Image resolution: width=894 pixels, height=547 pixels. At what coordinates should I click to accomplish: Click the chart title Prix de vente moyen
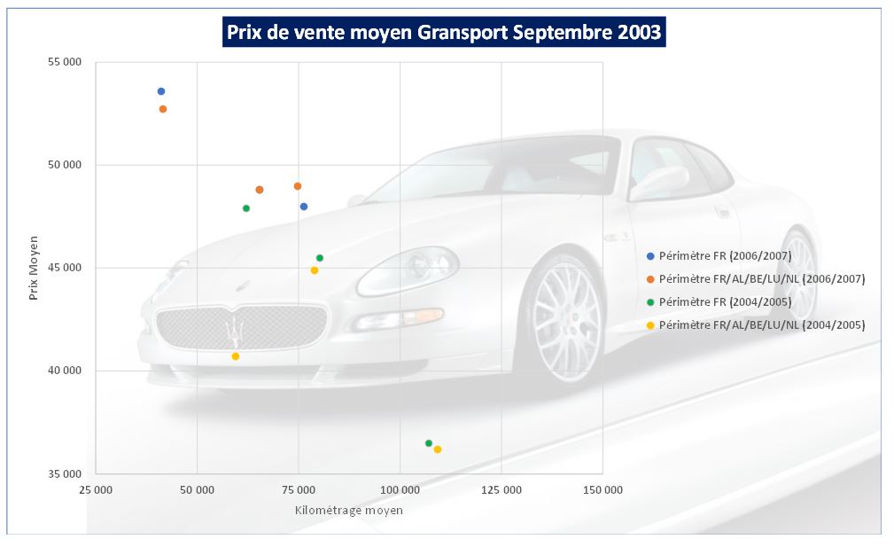point(443,33)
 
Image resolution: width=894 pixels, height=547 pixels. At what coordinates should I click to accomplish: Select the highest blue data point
point(161,91)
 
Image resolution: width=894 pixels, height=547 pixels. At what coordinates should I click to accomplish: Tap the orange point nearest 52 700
point(163,109)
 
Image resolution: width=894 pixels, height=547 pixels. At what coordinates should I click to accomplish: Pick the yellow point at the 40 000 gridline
point(236,356)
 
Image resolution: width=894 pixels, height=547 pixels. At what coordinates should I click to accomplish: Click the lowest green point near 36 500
point(429,443)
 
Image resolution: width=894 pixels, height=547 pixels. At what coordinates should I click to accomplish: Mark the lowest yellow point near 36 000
point(438,449)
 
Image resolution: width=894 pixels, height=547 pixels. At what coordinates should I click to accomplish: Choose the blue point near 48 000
point(304,207)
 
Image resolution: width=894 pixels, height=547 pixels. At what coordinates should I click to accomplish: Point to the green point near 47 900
point(246,208)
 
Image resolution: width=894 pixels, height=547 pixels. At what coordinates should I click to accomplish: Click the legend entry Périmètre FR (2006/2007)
point(723,255)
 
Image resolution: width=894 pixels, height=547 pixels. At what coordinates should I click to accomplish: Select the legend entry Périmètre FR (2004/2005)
point(723,301)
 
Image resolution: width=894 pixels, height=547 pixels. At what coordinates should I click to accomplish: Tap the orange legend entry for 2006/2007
point(761,278)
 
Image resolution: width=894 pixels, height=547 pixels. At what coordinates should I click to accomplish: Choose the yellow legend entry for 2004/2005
point(761,324)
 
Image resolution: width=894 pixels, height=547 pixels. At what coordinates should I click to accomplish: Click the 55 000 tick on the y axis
point(64,62)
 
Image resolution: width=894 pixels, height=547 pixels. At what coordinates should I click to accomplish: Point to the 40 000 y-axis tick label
point(64,371)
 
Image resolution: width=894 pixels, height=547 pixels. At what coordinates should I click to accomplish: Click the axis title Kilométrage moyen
point(349,511)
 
